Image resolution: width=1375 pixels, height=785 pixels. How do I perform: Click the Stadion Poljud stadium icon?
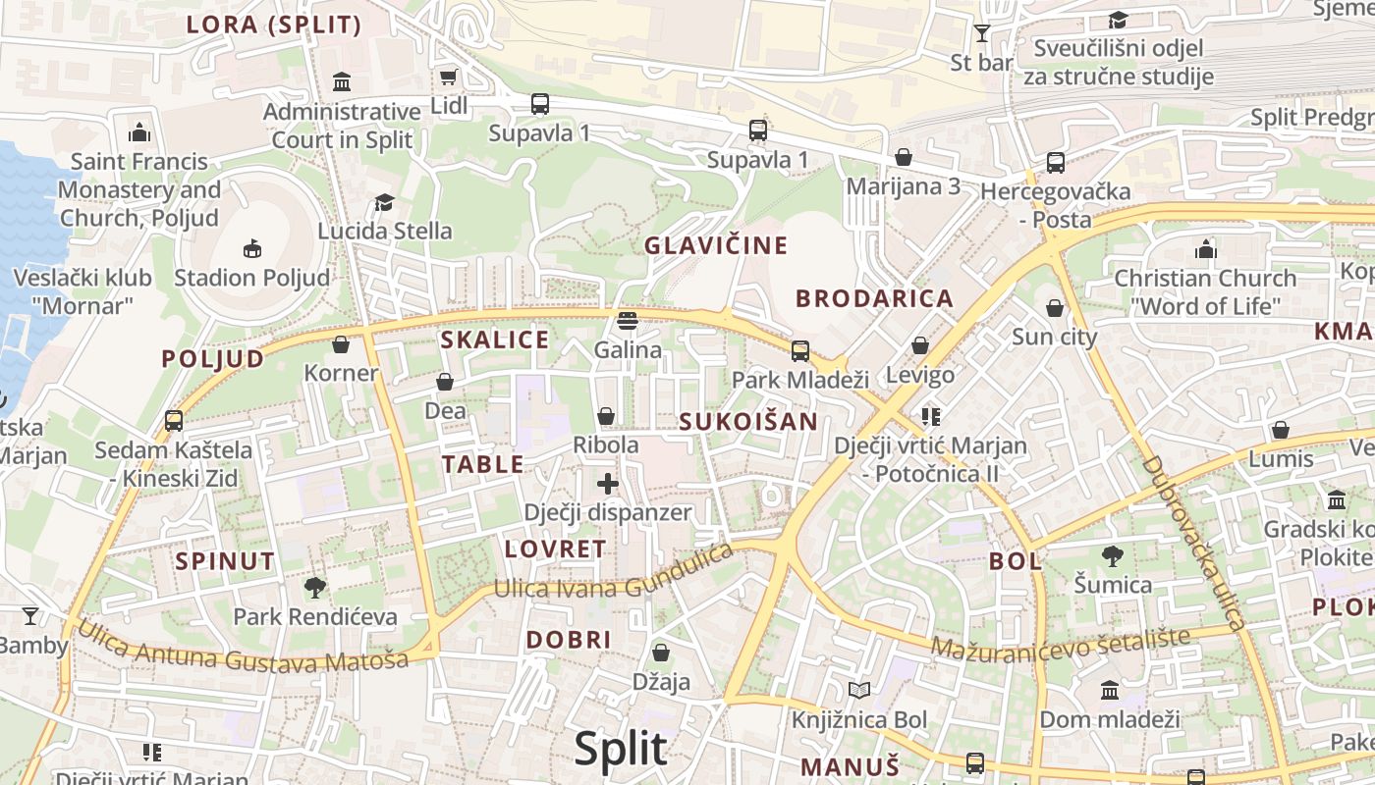point(252,248)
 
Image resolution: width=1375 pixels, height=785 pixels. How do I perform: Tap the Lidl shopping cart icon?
point(449,77)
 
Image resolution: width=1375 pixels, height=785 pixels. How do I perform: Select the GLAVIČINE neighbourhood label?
point(716,245)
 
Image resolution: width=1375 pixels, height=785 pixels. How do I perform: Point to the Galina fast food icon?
point(628,321)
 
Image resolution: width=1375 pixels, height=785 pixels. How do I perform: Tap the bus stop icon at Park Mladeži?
point(800,350)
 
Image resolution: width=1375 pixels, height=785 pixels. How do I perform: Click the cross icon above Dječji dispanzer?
point(608,483)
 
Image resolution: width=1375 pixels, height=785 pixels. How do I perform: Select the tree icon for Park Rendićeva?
point(315,588)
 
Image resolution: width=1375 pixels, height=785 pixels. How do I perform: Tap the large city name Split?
point(621,749)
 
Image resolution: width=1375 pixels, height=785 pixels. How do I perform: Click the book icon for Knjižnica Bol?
point(859,691)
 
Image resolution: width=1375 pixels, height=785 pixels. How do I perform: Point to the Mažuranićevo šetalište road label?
point(1060,644)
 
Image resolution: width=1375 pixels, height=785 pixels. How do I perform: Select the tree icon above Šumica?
point(1113,556)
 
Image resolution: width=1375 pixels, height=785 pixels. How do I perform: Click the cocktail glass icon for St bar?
point(981,33)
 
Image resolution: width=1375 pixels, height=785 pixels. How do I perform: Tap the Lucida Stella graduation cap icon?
point(384,202)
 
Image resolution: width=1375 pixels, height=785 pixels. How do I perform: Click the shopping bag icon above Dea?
point(445,382)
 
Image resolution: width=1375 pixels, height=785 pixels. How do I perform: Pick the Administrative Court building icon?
point(342,81)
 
